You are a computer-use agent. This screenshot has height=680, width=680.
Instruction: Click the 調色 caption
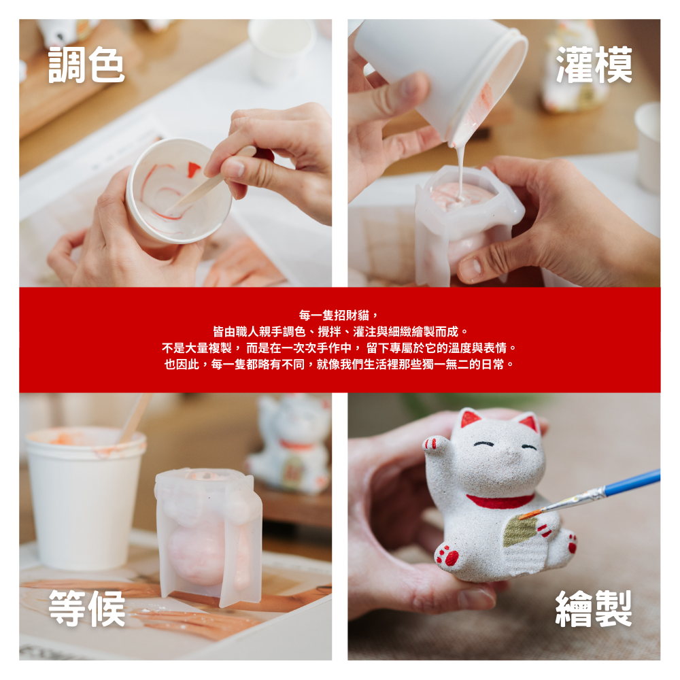coord(86,65)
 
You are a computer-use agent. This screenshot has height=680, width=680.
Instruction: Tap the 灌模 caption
coord(594,65)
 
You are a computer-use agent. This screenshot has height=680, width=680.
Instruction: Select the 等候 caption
coord(87,608)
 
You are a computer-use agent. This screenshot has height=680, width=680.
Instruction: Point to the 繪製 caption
coord(594,608)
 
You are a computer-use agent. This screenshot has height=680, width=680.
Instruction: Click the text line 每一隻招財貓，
coord(339,316)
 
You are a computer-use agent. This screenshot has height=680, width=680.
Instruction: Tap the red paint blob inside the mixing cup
coord(193,169)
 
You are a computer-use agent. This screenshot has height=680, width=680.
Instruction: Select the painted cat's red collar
coord(500,501)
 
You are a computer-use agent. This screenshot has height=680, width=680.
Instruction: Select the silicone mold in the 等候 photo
coord(209,537)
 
